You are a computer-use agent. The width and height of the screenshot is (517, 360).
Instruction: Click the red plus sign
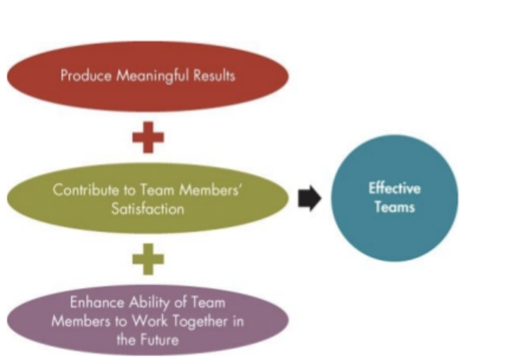click(x=148, y=138)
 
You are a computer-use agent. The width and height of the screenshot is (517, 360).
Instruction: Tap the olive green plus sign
click(x=148, y=260)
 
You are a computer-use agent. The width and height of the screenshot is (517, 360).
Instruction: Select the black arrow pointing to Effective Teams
click(x=309, y=199)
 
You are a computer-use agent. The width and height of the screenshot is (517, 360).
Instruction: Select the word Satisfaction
click(x=148, y=209)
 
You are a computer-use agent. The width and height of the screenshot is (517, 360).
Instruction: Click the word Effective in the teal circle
click(x=395, y=189)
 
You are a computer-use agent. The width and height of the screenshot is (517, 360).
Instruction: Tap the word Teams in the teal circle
click(x=395, y=207)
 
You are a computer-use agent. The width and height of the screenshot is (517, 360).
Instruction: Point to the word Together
click(x=203, y=322)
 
